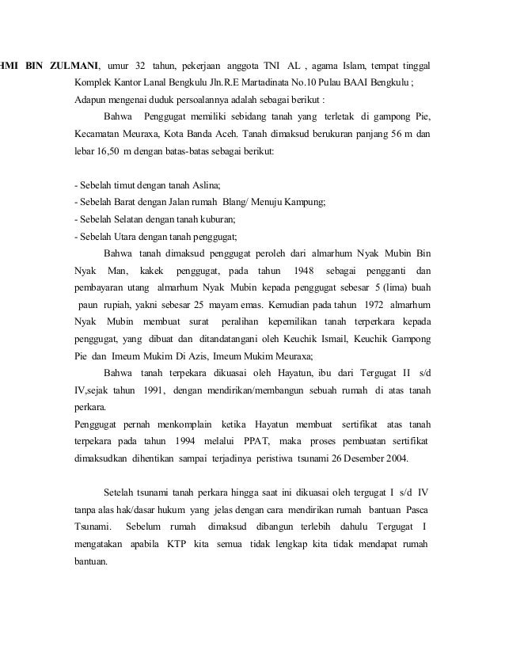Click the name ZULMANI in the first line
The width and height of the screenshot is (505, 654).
74,64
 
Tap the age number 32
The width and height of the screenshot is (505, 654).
141,64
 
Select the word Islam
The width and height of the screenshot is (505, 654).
360,64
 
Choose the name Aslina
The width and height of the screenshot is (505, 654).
207,184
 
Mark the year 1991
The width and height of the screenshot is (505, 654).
156,390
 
